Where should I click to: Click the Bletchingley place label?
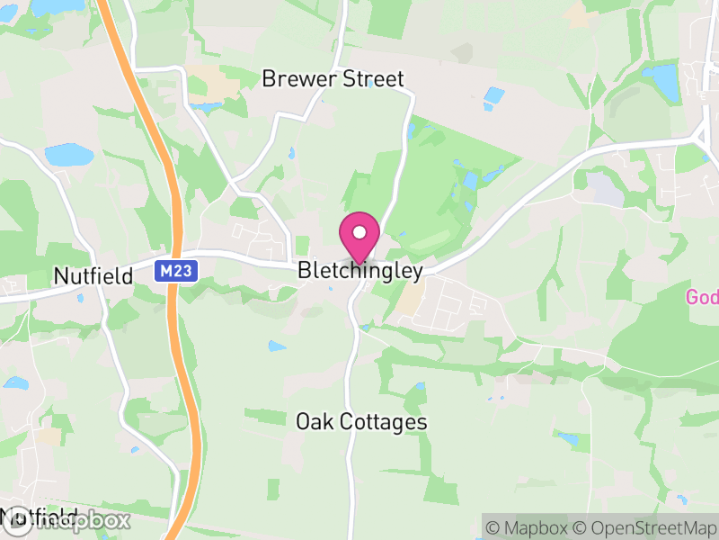click(x=360, y=270)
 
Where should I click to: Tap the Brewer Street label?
click(x=333, y=79)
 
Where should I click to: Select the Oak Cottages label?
click(x=361, y=421)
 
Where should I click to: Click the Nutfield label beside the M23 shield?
click(x=93, y=275)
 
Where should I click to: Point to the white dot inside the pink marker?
click(x=359, y=233)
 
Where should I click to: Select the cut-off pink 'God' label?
click(x=702, y=297)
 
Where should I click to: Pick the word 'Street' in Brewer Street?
click(x=371, y=79)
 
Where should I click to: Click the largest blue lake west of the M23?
click(x=68, y=155)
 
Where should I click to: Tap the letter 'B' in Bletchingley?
click(x=304, y=270)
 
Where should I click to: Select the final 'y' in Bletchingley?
click(x=417, y=272)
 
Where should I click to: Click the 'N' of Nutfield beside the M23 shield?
click(x=60, y=275)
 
